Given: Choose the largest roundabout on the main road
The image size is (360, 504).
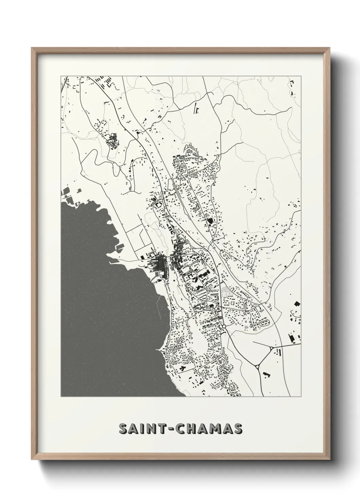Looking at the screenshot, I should tap(224, 327).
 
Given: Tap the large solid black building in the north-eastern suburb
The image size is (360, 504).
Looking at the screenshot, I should tap(209, 221).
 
